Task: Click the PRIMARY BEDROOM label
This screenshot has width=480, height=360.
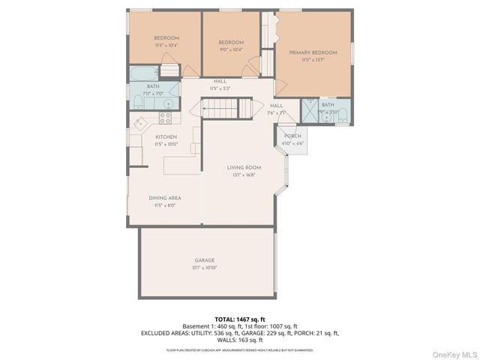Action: [x=313, y=52]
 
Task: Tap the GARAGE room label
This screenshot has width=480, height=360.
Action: [x=205, y=260]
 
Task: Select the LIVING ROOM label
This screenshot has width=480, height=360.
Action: [x=244, y=167]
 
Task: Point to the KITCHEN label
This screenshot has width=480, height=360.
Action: [x=166, y=136]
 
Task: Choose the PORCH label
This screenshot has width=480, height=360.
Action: [x=292, y=136]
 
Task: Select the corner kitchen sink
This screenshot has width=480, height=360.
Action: [x=139, y=124]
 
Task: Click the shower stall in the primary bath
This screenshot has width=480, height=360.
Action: [x=309, y=110]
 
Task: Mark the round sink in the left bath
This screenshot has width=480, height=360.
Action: [x=169, y=103]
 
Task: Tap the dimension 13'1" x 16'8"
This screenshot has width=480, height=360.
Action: [x=243, y=175]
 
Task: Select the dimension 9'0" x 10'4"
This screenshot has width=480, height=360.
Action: [x=231, y=49]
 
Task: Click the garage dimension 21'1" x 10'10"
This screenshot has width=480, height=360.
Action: [x=205, y=268]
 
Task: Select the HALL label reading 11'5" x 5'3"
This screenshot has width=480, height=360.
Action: [x=220, y=88]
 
